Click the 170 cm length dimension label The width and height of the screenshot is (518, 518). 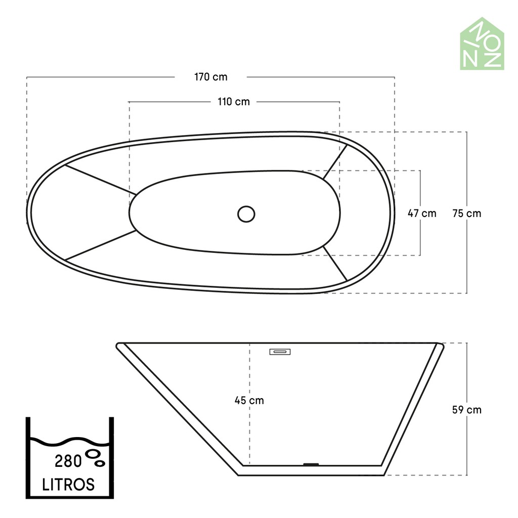[211, 77]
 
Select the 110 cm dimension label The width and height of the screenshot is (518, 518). [234, 102]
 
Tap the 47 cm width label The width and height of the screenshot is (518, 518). [422, 213]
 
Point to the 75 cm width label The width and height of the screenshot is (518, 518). [466, 213]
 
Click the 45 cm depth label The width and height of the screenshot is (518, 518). [249, 400]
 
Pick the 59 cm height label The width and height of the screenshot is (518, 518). [466, 410]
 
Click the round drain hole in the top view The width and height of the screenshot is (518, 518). [246, 213]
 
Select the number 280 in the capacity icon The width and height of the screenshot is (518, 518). [68, 461]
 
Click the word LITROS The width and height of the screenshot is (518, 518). [68, 485]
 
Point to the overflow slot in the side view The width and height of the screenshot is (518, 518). [280, 351]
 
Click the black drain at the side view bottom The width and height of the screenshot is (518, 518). [310, 464]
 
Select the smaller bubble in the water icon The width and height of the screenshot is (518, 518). [100, 462]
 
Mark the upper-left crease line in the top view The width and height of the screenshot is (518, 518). [100, 180]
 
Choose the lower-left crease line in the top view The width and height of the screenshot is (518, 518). [100, 246]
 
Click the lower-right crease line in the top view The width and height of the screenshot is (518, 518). [335, 263]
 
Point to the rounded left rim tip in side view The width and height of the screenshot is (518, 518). [119, 346]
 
